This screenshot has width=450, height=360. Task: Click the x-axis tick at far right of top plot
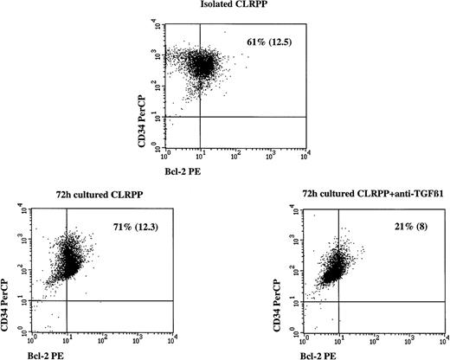[x=308, y=157]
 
